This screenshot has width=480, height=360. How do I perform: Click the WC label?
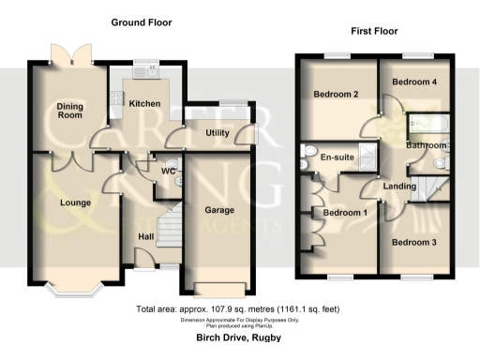pyautogui.click(x=169, y=172)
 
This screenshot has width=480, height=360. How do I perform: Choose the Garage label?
pyautogui.click(x=220, y=210)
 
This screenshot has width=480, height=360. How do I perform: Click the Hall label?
pyautogui.click(x=145, y=236)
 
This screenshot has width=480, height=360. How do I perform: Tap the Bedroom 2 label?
pyautogui.click(x=337, y=95)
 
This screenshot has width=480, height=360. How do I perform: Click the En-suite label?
pyautogui.click(x=337, y=157)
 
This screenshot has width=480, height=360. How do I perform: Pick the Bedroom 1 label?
pyautogui.click(x=345, y=213)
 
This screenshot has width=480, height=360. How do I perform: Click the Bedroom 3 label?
pyautogui.click(x=414, y=242)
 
